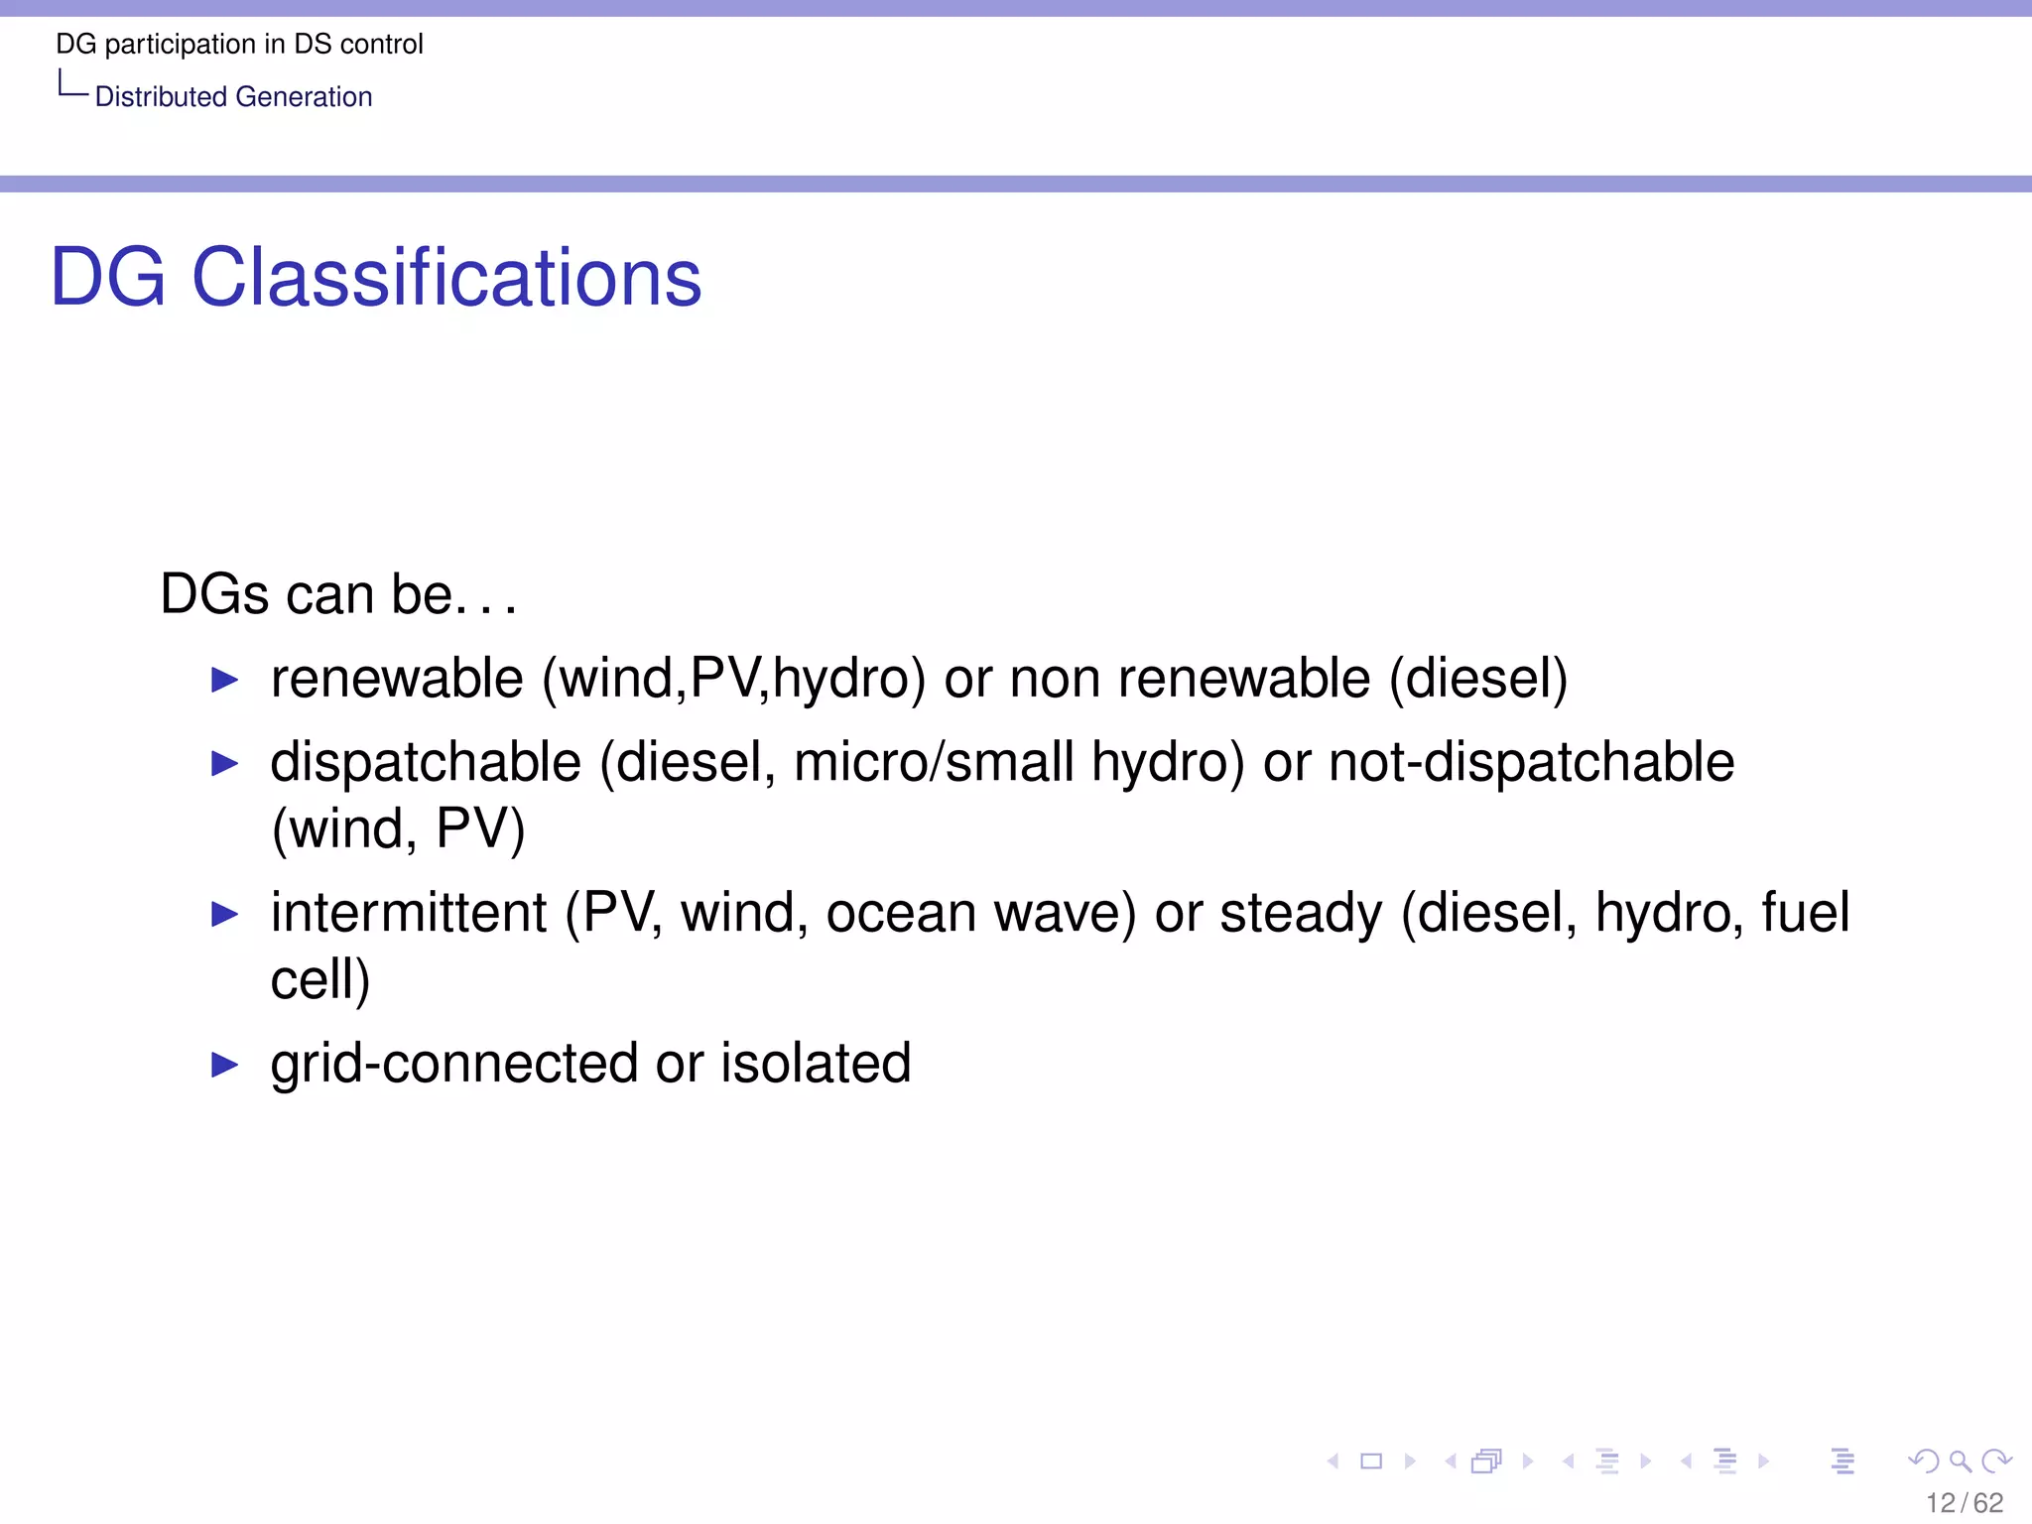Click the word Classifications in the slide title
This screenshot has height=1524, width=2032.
[x=446, y=278]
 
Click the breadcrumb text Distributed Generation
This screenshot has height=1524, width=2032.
[x=233, y=97]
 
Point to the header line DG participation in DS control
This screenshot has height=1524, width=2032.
[x=239, y=45]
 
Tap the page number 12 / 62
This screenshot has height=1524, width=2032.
[x=1964, y=1503]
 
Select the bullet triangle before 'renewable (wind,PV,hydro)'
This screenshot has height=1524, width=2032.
[x=225, y=681]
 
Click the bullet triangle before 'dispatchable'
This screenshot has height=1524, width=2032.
[x=225, y=764]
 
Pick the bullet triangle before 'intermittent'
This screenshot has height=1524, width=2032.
[x=225, y=915]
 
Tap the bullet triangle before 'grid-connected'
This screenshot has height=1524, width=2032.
[x=225, y=1066]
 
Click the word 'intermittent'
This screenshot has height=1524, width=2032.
[x=408, y=913]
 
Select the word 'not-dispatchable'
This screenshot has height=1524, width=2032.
[x=1531, y=762]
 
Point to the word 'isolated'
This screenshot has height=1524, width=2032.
[x=816, y=1064]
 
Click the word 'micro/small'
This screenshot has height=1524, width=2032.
[x=934, y=762]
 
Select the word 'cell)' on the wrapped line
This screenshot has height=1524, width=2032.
[x=319, y=980]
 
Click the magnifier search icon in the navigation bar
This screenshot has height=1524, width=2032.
[x=1960, y=1461]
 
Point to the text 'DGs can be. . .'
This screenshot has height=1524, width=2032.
[x=338, y=595]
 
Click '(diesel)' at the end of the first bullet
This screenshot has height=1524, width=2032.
[x=1478, y=681]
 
